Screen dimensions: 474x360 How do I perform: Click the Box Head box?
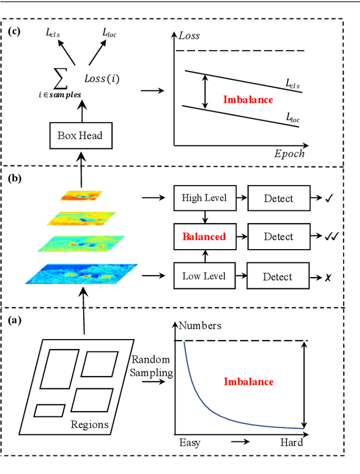(81, 136)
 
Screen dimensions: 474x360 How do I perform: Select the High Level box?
(204, 198)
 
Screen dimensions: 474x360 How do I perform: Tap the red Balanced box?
(204, 237)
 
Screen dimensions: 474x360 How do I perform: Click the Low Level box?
(205, 277)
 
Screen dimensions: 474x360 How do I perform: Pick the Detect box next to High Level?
(278, 198)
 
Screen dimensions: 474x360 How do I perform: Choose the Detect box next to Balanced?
(278, 237)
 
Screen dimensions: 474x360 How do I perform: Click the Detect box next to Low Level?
(278, 277)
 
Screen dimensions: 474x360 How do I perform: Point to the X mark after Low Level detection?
(327, 277)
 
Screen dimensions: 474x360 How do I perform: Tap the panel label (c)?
(14, 31)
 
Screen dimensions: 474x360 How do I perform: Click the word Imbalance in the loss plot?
(248, 100)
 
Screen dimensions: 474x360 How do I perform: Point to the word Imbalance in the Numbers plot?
(249, 382)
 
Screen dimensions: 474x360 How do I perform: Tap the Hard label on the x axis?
(291, 443)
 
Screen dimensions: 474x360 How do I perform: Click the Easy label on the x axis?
(190, 443)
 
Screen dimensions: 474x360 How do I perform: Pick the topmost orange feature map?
(82, 196)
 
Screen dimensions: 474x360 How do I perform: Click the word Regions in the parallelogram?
(89, 424)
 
